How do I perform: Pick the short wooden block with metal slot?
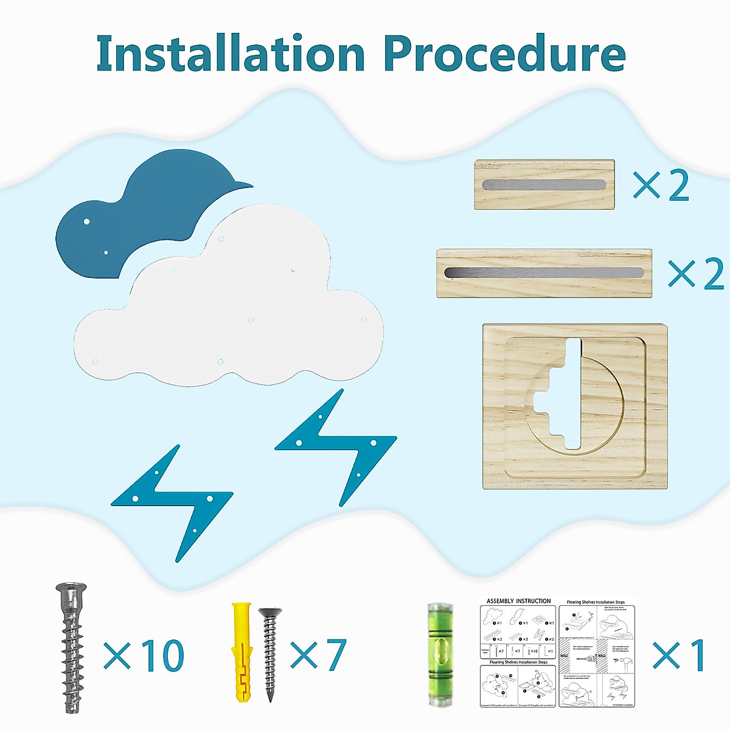[x=544, y=184]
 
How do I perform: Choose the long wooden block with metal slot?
[x=544, y=273]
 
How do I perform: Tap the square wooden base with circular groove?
[x=575, y=406]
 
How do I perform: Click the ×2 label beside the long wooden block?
[x=696, y=274]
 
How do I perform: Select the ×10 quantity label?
[x=144, y=655]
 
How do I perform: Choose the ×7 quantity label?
[x=318, y=655]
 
